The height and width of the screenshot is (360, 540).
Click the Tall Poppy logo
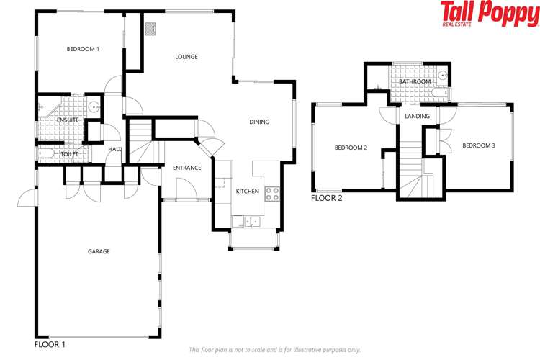[x=490, y=14]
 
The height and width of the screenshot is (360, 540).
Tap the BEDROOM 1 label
[x=83, y=49]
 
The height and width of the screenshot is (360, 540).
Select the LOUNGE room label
[x=186, y=57]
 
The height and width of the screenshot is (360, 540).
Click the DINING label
[x=259, y=122]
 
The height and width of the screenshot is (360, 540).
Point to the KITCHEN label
[x=247, y=192]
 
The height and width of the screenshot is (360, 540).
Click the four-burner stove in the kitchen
[x=272, y=194]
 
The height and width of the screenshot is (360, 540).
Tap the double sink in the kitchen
[x=252, y=221]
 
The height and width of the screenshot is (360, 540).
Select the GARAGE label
[x=99, y=252]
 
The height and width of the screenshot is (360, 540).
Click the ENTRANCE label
[x=187, y=168]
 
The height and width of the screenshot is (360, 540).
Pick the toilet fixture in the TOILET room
[x=46, y=153]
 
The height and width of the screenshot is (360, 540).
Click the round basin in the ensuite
[x=94, y=107]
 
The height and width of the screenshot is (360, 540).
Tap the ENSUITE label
[x=68, y=120]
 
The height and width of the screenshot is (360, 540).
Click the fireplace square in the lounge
[x=150, y=29]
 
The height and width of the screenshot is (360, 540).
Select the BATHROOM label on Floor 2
[x=415, y=81]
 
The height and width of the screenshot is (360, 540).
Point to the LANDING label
[x=417, y=117]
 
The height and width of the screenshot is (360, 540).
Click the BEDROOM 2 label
[x=351, y=148]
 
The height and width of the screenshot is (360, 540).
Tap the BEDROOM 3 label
[x=479, y=145]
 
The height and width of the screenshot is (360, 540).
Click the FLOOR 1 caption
[x=50, y=344]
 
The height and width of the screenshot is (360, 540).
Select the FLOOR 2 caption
[x=326, y=199]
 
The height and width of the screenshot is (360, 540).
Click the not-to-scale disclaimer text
[x=274, y=350]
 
